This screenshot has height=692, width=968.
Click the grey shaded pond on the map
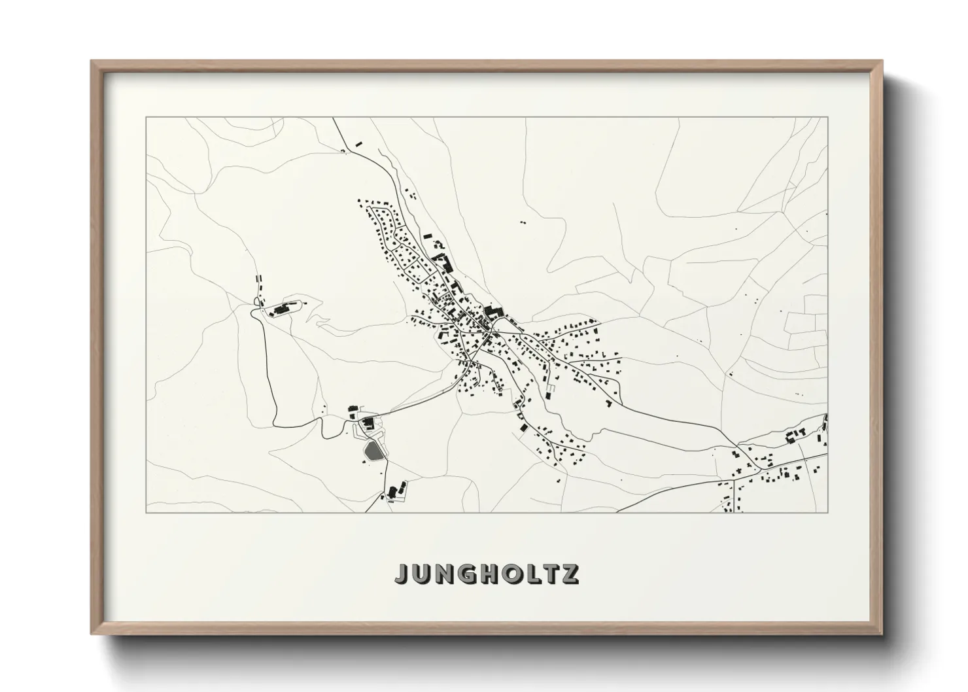click(x=372, y=451)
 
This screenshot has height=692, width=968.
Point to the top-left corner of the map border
click(x=146, y=118)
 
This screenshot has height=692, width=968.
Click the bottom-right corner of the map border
click(x=827, y=512)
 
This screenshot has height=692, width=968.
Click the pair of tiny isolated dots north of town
click(x=523, y=222)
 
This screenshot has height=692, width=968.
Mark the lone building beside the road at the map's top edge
click(x=358, y=142)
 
